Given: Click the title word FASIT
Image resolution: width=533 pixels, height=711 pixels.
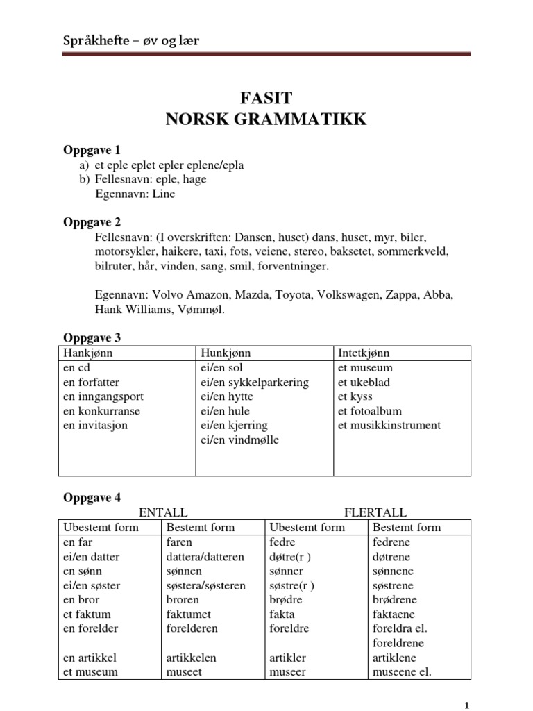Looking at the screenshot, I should pyautogui.click(x=266, y=98).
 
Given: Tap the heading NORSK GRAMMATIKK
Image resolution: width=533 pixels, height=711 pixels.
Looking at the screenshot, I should pyautogui.click(x=266, y=120).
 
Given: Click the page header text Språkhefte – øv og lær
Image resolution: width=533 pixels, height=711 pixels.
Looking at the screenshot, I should pyautogui.click(x=131, y=42).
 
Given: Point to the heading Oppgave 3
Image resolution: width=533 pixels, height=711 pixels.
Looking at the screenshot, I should pyautogui.click(x=92, y=337).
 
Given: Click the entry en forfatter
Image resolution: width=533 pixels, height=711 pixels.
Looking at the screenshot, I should pyautogui.click(x=91, y=382).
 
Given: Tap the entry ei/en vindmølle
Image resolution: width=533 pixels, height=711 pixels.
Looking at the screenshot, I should pyautogui.click(x=239, y=440).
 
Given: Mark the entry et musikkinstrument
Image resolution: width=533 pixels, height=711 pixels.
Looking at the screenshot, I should pyautogui.click(x=389, y=425).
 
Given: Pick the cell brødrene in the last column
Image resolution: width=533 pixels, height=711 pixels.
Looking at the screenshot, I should pyautogui.click(x=396, y=599).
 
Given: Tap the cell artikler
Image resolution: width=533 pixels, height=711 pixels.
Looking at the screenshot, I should pyautogui.click(x=287, y=657).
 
